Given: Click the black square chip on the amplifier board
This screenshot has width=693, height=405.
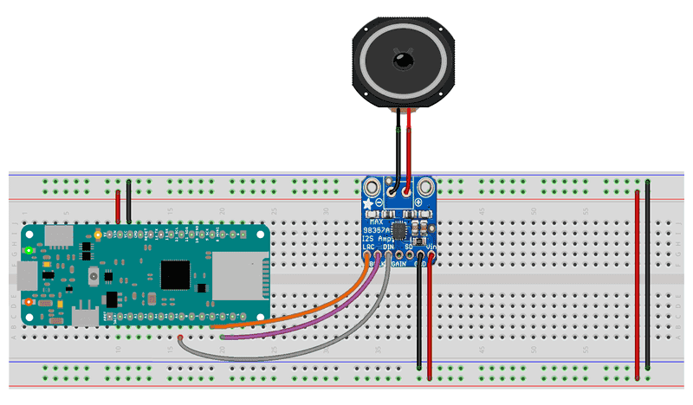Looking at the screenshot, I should pos(399,230).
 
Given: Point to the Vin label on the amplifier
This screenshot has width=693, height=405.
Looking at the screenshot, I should pos(431,247).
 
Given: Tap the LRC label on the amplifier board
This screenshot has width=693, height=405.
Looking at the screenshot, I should pos(367,247).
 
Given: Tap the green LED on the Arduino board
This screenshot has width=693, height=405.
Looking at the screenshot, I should pos(29,251).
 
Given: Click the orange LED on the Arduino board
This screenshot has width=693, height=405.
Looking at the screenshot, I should pos(29,302).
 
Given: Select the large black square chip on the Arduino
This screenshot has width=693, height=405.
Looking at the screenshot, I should pos(176,274).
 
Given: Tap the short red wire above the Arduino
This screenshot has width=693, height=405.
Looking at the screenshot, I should pos(119,207).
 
